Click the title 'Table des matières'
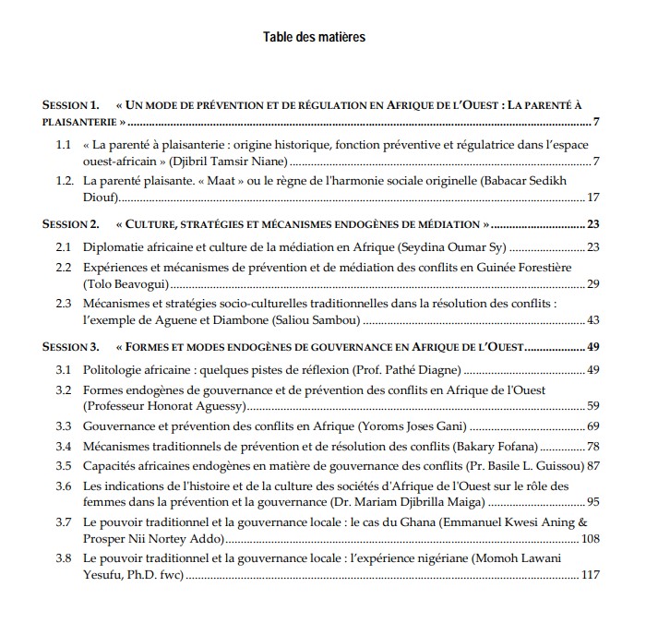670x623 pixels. pyautogui.click(x=314, y=37)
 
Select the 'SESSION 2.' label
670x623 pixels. pyautogui.click(x=70, y=223)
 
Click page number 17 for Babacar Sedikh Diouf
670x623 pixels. pyautogui.click(x=593, y=198)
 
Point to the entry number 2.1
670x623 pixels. pyautogui.click(x=64, y=247)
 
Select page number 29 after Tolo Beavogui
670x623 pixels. pyautogui.click(x=593, y=282)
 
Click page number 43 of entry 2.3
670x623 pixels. pyautogui.click(x=593, y=321)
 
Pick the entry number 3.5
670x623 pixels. pyautogui.click(x=64, y=466)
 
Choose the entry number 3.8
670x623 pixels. pyautogui.click(x=64, y=559)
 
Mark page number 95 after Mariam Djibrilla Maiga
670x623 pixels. pyautogui.click(x=593, y=503)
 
